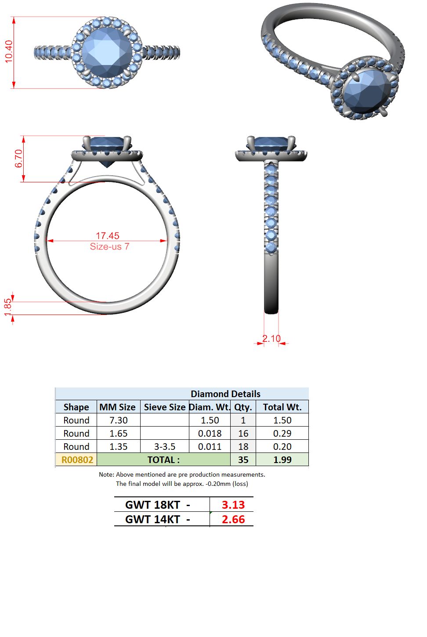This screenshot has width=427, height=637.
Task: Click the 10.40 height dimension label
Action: tap(9, 51)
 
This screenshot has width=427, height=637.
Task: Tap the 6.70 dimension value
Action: tap(18, 159)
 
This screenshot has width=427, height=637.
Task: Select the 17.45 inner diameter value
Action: tap(108, 236)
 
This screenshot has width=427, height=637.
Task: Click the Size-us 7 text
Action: tap(109, 246)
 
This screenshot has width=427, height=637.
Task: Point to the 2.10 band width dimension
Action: tap(271, 338)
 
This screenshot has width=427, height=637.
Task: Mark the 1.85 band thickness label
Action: tap(8, 307)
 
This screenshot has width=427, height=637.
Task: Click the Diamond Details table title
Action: tap(225, 394)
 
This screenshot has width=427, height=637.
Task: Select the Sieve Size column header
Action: tap(165, 407)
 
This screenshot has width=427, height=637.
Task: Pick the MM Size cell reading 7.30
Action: tap(119, 420)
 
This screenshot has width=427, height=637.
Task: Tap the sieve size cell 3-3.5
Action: tap(165, 446)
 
